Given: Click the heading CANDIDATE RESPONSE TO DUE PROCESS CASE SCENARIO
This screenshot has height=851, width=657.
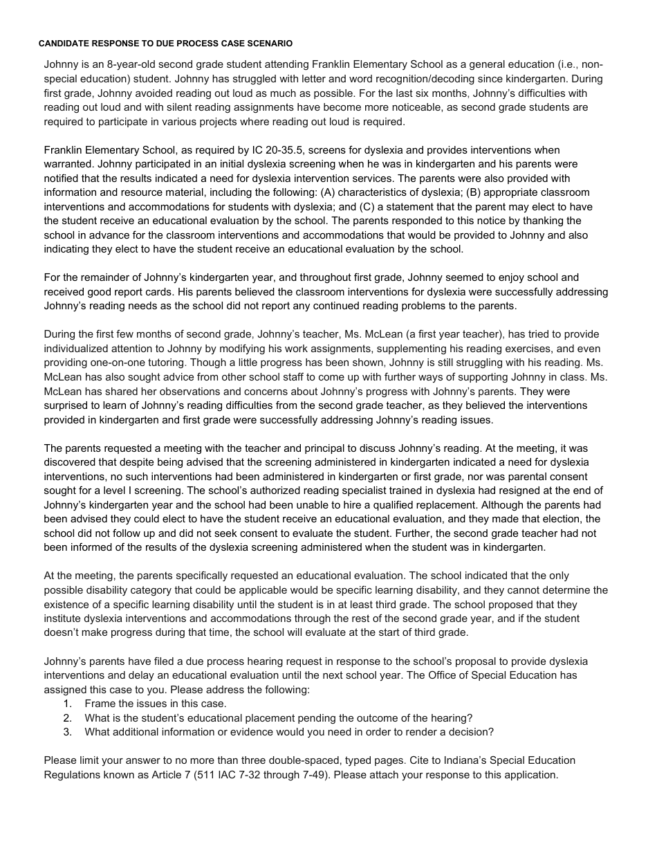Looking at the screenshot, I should click(x=165, y=44).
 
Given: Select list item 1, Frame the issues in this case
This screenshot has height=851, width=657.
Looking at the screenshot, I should click(x=155, y=704).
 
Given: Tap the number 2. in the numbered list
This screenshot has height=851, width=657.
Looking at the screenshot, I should click(x=67, y=718).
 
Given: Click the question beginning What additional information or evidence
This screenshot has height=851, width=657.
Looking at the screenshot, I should click(x=289, y=732).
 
